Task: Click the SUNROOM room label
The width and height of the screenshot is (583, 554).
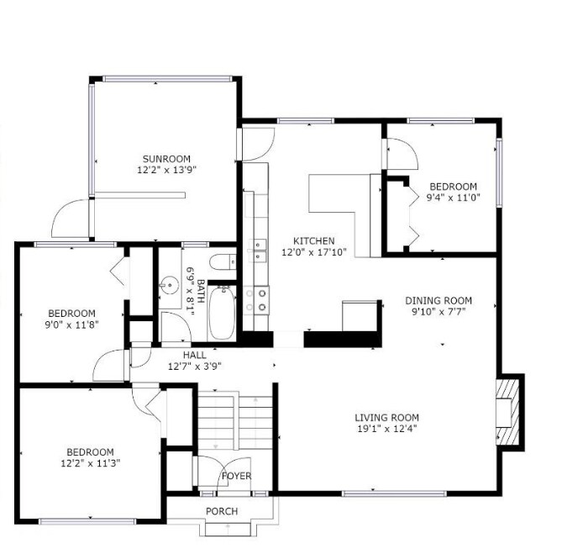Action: pyautogui.click(x=165, y=159)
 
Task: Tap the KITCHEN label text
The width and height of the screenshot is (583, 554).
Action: pyautogui.click(x=313, y=240)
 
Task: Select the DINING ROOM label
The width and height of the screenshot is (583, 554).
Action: pyautogui.click(x=438, y=300)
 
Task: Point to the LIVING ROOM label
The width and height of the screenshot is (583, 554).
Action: pyautogui.click(x=386, y=418)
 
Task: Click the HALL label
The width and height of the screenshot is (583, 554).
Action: pyautogui.click(x=195, y=355)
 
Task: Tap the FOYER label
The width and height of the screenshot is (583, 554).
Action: pyautogui.click(x=236, y=477)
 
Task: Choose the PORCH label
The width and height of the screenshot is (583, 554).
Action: pyautogui.click(x=222, y=511)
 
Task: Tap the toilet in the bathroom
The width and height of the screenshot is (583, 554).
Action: pyautogui.click(x=223, y=261)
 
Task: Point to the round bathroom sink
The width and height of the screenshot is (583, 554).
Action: pyautogui.click(x=171, y=285)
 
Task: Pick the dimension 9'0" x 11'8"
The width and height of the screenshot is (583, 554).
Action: pyautogui.click(x=71, y=324)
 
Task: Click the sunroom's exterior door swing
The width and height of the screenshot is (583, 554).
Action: pyautogui.click(x=71, y=219)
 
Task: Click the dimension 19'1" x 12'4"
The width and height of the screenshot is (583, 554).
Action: pyautogui.click(x=386, y=430)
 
